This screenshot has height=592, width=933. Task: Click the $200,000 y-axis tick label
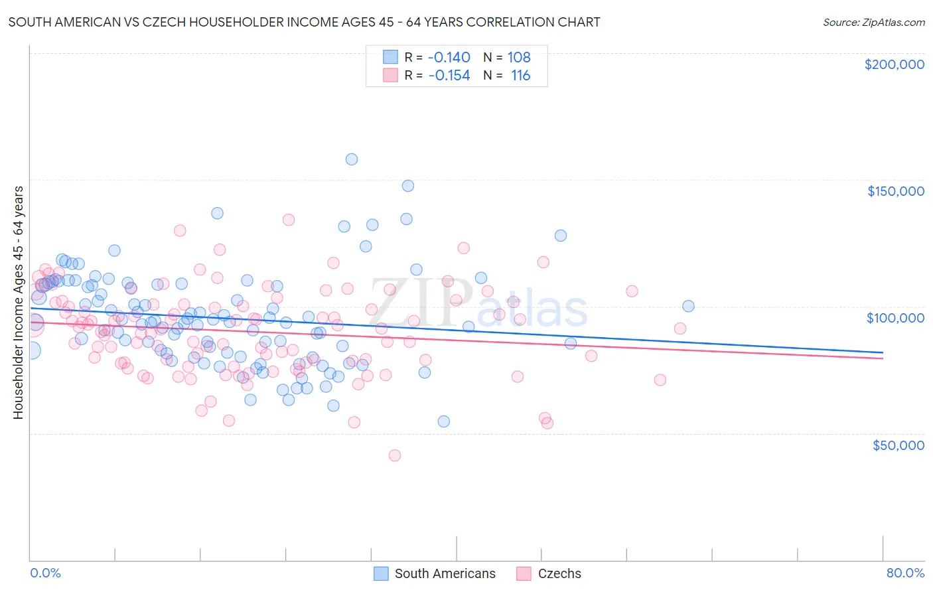(x=894, y=64)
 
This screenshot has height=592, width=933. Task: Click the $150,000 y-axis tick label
(x=895, y=191)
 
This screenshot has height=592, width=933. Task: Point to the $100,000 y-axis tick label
(x=895, y=318)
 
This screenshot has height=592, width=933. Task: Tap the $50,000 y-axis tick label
(x=898, y=445)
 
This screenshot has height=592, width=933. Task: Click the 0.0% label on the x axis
(x=45, y=573)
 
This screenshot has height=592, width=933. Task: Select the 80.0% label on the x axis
(x=905, y=573)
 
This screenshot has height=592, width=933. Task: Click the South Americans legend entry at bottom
(x=445, y=573)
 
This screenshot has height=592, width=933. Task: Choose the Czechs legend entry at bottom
(x=559, y=573)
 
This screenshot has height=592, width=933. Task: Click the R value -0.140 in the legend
(x=449, y=58)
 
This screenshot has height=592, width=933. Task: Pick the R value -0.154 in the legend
(x=449, y=76)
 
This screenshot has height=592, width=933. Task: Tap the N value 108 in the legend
(x=519, y=58)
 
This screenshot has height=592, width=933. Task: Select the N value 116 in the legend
(x=520, y=76)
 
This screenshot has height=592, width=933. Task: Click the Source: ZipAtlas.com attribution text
(x=873, y=22)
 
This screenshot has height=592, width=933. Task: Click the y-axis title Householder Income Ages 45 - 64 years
(x=18, y=303)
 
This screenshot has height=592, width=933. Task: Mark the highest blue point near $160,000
(x=352, y=159)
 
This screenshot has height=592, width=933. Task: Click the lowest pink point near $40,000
(x=395, y=455)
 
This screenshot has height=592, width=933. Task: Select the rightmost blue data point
(x=688, y=306)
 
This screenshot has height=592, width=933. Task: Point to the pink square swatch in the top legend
(x=390, y=76)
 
